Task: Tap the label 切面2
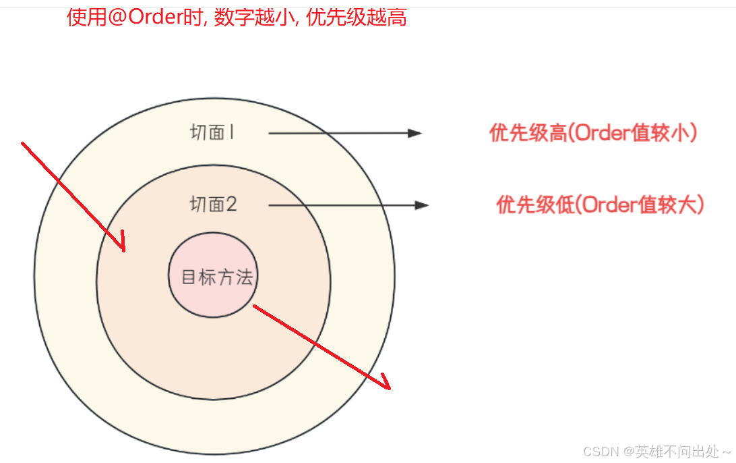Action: [214, 205]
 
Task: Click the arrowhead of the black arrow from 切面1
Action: [415, 134]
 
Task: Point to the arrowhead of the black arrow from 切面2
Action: [423, 205]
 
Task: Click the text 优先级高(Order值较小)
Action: [593, 134]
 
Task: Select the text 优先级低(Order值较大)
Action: [600, 205]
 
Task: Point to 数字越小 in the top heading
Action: [255, 18]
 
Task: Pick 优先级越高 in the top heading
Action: [357, 18]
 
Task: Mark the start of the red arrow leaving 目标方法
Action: [255, 306]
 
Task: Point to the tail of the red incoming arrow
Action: [24, 144]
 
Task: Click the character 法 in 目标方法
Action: [245, 277]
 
